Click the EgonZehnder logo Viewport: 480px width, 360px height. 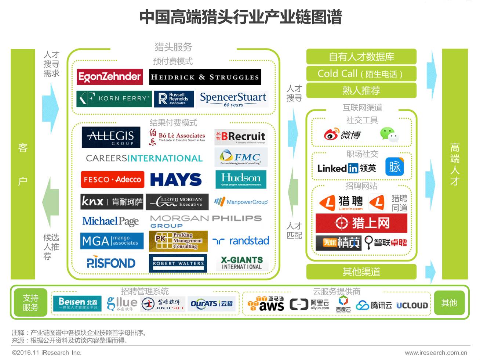[110, 77]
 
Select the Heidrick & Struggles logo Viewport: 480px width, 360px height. [205, 77]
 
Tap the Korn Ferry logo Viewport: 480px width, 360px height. [114, 99]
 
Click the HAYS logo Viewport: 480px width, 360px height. [176, 180]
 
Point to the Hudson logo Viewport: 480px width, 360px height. [241, 179]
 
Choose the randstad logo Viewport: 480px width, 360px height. [241, 241]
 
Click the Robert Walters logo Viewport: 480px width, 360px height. [178, 263]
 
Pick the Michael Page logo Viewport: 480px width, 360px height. [110, 221]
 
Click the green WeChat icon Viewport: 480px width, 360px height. [389, 134]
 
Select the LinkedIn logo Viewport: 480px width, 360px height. [346, 168]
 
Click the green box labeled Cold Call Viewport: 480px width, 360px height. [361, 73]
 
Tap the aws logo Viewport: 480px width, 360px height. [266, 304]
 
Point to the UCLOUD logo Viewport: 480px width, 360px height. [412, 305]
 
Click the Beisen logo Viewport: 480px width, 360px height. [78, 303]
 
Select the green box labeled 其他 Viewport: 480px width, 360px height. [449, 303]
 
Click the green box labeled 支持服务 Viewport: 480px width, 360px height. [30, 303]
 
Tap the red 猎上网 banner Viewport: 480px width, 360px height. [361, 223]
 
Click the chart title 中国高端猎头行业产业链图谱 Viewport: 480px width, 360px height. [240, 17]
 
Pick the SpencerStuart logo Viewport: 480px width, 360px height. [233, 99]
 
